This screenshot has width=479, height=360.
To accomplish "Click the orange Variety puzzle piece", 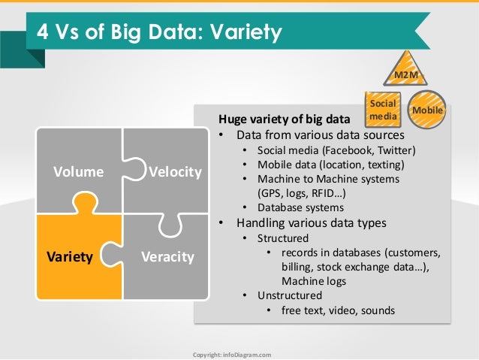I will [x=71, y=256].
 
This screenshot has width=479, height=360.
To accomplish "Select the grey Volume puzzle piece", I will [x=78, y=172].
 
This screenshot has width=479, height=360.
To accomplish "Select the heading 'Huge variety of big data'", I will [x=284, y=119].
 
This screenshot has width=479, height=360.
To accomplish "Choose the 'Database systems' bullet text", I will [x=300, y=207].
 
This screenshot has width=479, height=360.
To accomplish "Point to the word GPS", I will [x=272, y=193].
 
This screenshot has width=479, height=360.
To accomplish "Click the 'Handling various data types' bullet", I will [x=311, y=222].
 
